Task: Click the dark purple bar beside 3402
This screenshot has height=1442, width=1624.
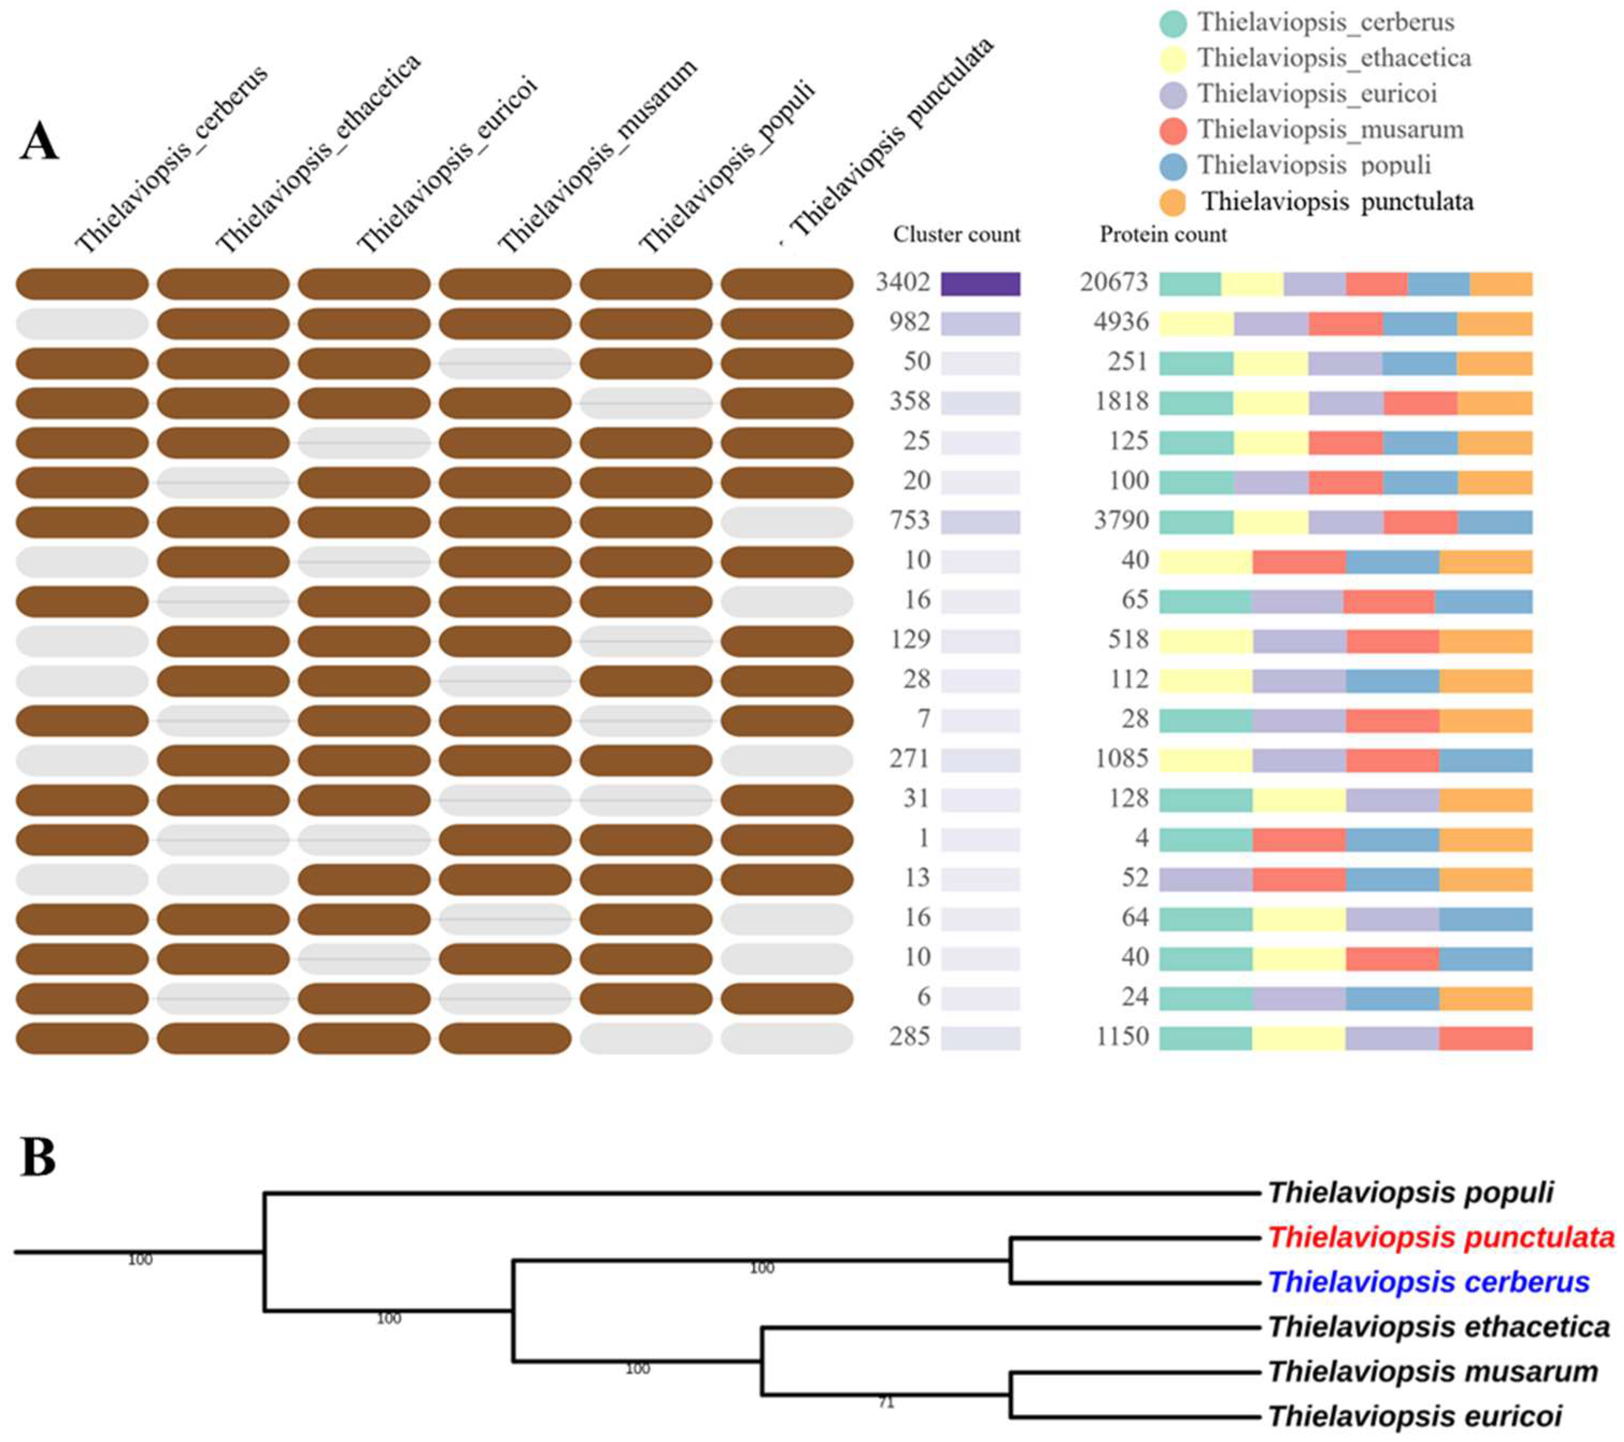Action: [x=980, y=283]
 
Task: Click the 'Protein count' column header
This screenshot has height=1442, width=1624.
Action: [x=1163, y=235]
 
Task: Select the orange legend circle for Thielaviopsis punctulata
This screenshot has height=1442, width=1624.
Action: [x=1173, y=202]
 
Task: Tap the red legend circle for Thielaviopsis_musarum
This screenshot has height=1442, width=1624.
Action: [x=1173, y=130]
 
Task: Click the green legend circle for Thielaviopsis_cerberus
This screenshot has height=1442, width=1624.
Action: [x=1173, y=22]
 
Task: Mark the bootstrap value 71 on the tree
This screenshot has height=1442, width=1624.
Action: [x=886, y=1404]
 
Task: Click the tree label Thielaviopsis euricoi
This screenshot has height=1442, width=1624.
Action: [x=1414, y=1417]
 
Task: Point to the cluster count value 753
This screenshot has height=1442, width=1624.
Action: [x=909, y=521]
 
